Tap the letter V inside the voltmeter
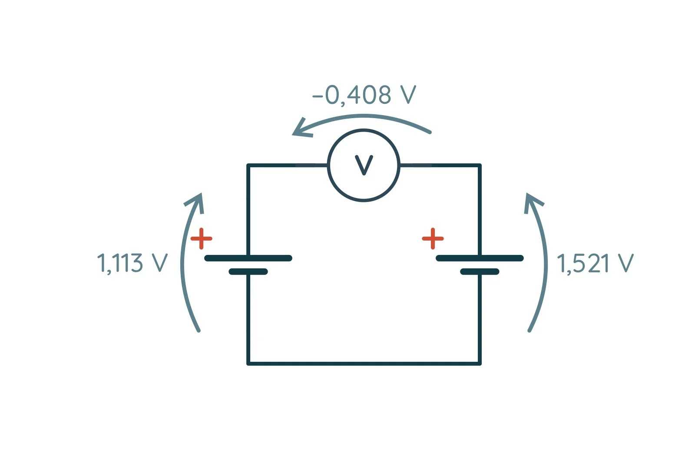[364, 165]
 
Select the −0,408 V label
[364, 95]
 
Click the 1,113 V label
[132, 263]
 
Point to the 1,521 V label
[595, 263]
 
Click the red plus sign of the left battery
[201, 238]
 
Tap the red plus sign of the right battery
[433, 238]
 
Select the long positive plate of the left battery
[248, 258]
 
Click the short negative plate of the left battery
[248, 272]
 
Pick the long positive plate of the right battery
[480, 258]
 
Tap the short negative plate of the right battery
[480, 272]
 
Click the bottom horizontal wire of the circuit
[364, 363]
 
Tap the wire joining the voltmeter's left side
[287, 165]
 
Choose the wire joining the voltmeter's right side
[440, 165]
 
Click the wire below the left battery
[248, 317]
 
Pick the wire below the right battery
[480, 317]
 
